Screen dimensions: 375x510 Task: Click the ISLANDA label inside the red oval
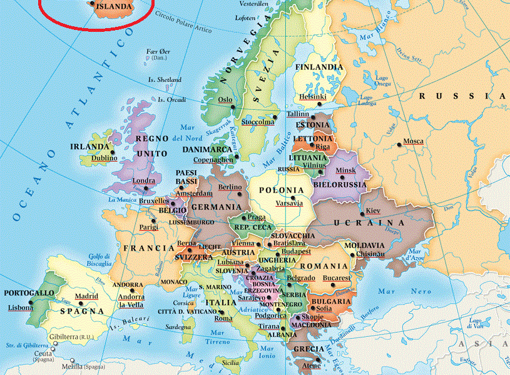[115, 7]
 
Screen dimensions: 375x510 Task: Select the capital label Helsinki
[313, 97]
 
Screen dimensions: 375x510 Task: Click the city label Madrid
[87, 296]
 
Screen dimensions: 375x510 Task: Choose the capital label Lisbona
[21, 307]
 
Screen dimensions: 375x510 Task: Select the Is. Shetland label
[165, 80]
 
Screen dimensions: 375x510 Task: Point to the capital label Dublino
[104, 158]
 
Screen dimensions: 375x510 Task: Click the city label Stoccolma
[257, 122]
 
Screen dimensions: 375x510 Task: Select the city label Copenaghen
[213, 160]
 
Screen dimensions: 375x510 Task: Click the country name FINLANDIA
[319, 67]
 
